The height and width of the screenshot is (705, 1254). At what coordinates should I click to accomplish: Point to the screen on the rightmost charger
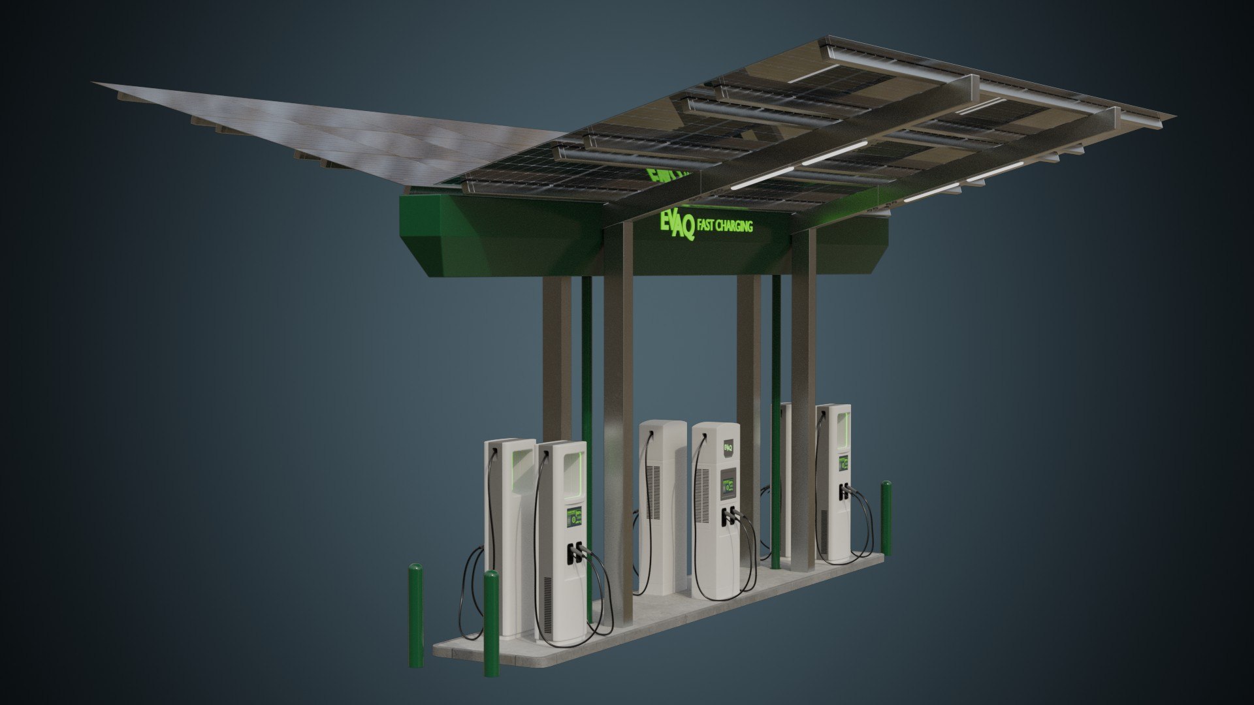(x=843, y=464)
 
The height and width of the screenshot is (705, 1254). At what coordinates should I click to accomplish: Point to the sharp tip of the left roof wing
(x=95, y=83)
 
